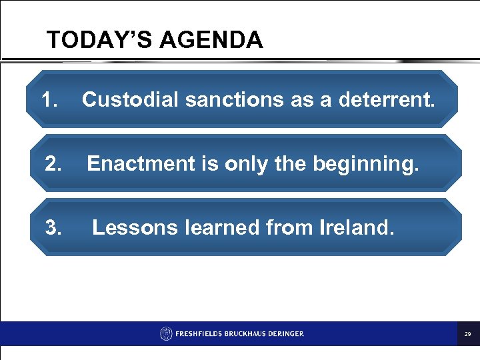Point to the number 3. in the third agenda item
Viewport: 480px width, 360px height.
coord(54,228)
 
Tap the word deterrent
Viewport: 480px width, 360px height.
coord(386,100)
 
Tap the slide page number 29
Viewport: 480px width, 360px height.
coord(468,334)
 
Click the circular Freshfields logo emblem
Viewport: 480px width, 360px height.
coord(166,333)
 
